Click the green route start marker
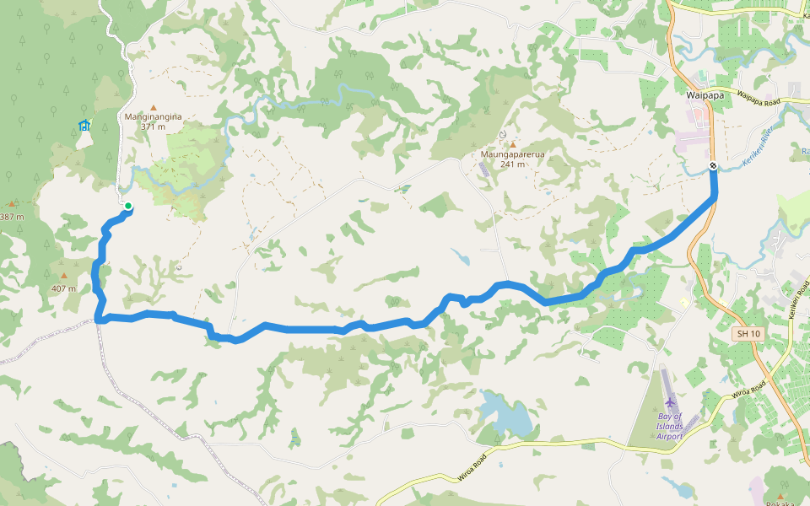(x=128, y=206)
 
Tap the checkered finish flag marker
(x=713, y=165)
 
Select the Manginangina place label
(x=153, y=117)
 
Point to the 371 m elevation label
(x=153, y=127)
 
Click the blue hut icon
(x=84, y=126)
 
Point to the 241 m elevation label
(x=512, y=164)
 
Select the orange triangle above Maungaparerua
(x=512, y=144)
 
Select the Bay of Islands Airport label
(x=670, y=426)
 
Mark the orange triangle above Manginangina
(x=153, y=106)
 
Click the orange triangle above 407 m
(x=63, y=276)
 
